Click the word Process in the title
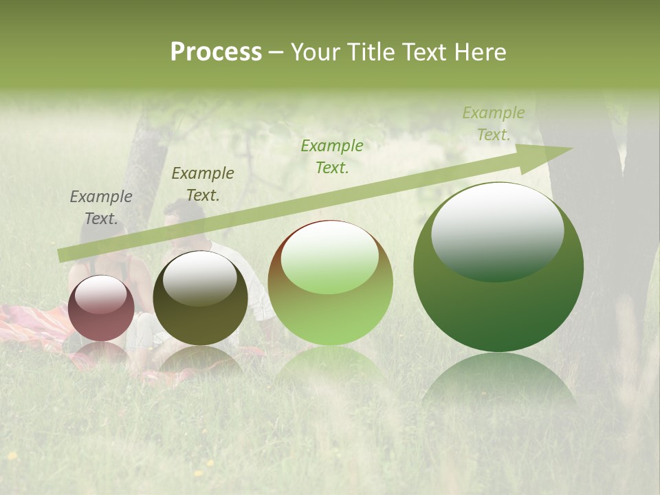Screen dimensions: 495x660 (x=216, y=52)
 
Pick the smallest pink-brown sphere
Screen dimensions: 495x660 (x=101, y=308)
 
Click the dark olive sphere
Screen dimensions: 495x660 (x=200, y=298)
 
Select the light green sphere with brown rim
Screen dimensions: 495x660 (x=330, y=283)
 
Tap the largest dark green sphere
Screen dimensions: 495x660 (x=498, y=267)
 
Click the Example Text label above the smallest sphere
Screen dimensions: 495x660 (x=101, y=208)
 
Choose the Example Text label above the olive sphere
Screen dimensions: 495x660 (x=203, y=184)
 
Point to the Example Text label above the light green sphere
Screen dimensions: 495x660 (x=332, y=156)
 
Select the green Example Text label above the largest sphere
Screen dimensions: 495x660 (x=494, y=124)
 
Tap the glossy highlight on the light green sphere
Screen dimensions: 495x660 (x=329, y=257)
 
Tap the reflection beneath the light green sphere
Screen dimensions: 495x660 (x=330, y=364)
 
